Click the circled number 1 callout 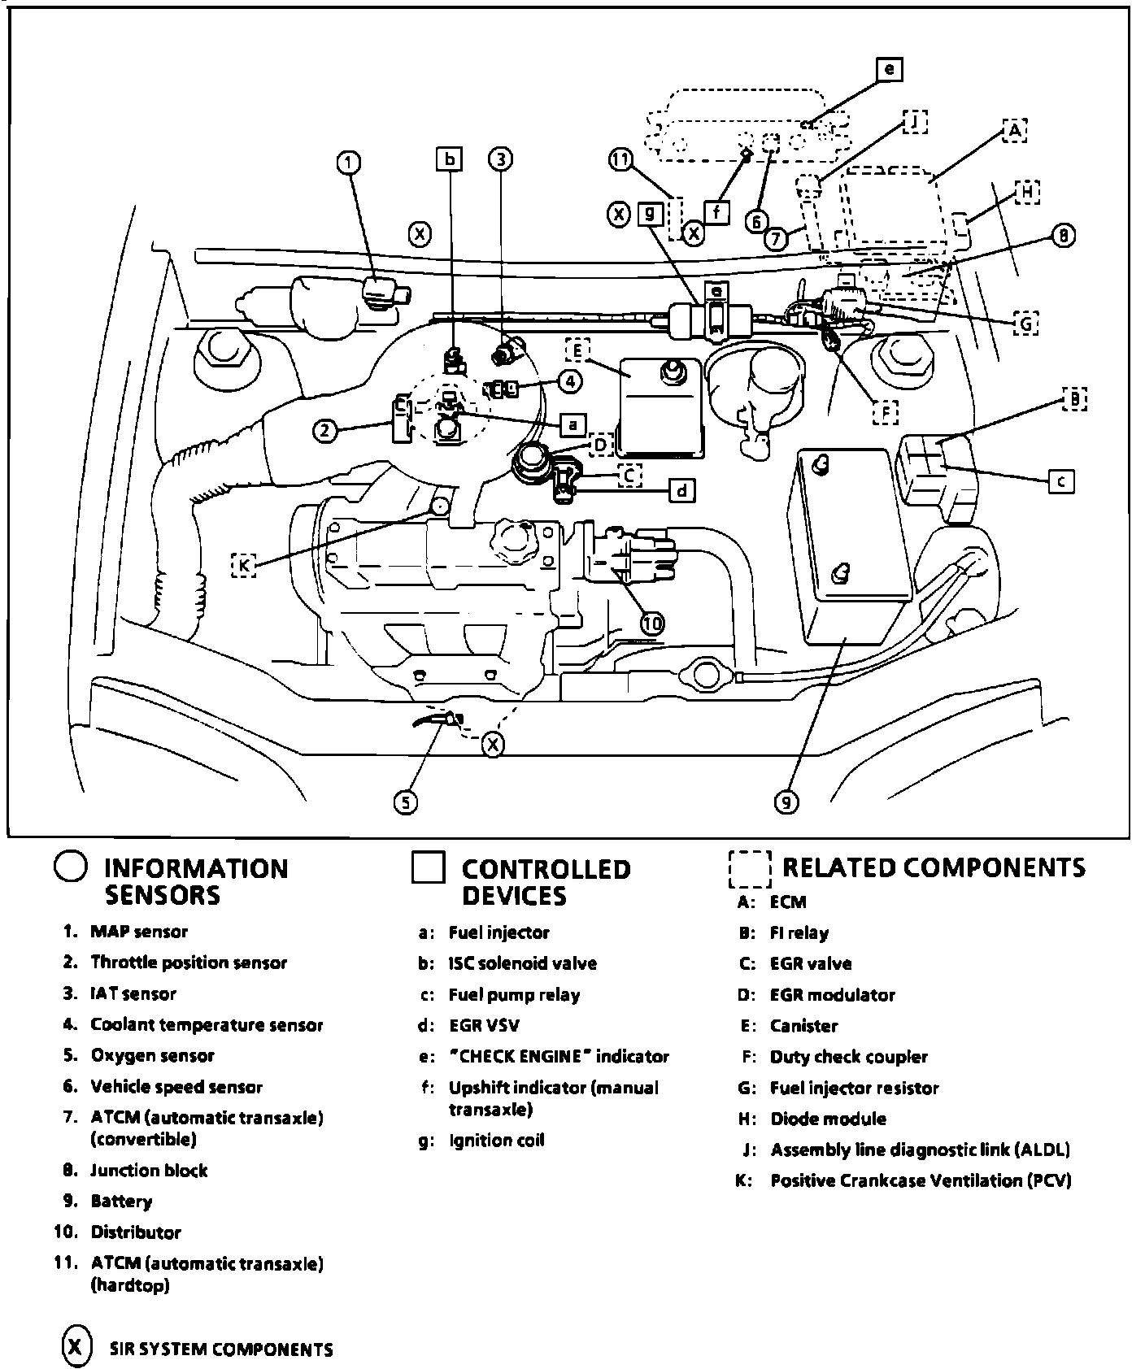(348, 163)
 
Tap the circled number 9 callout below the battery (786, 802)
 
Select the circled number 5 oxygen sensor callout (406, 802)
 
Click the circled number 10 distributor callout (652, 624)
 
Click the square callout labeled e (889, 70)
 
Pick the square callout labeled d (681, 490)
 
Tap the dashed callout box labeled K (243, 564)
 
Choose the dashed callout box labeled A (1014, 130)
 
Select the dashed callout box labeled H (1027, 193)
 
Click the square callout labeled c (1060, 481)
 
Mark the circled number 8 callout (1063, 237)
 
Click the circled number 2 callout (325, 430)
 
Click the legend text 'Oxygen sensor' (152, 1056)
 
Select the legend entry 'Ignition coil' (496, 1141)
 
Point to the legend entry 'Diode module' (828, 1119)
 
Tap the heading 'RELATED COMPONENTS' (933, 867)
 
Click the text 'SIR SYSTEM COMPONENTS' (220, 1349)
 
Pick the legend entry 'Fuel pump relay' (514, 995)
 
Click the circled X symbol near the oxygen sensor (493, 743)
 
